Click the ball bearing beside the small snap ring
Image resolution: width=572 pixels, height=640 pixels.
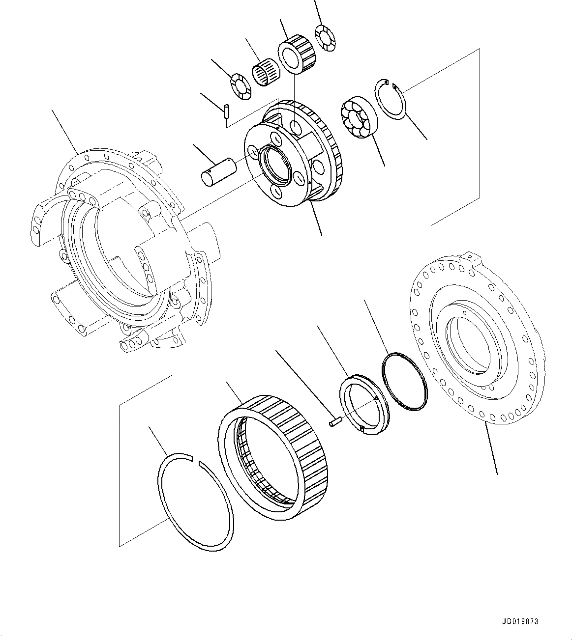(359, 117)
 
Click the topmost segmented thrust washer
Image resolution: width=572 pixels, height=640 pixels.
(325, 38)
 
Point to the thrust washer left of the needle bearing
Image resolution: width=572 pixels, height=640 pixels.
(241, 86)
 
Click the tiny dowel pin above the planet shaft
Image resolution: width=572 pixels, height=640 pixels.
(226, 111)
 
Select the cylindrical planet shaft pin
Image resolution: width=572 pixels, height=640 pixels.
(218, 172)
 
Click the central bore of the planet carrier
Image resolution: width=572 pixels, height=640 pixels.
(275, 167)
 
